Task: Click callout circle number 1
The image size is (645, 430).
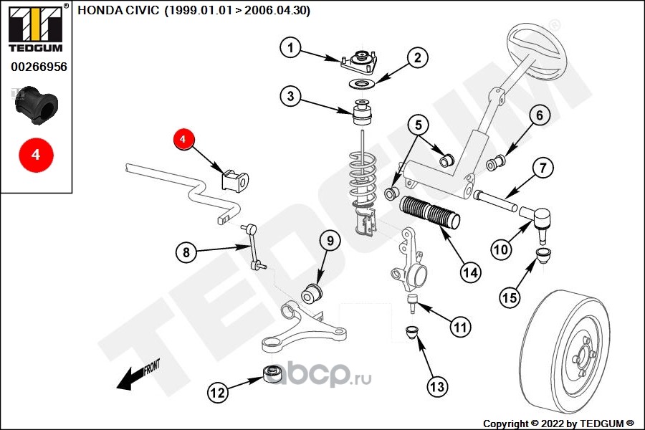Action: [x=290, y=49]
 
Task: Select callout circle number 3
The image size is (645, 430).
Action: [x=290, y=97]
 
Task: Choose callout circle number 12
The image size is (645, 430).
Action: [x=218, y=392]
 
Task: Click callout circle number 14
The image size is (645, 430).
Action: [x=470, y=272]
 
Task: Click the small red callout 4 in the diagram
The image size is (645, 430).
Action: [x=183, y=138]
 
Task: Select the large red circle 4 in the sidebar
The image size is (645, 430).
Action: [x=35, y=153]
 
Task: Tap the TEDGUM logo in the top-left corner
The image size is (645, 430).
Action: [x=35, y=27]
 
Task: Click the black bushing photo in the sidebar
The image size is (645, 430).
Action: [x=35, y=103]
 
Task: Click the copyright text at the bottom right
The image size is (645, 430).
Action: [x=558, y=423]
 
